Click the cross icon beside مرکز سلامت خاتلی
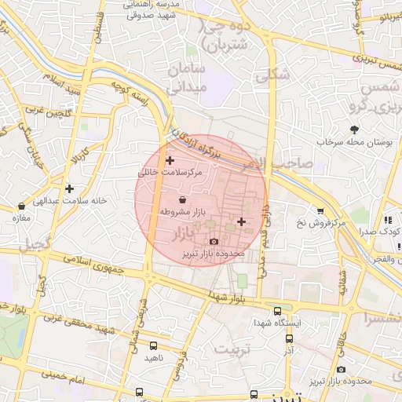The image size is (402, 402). click(x=170, y=160)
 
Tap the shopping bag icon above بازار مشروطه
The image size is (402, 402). click(x=183, y=200)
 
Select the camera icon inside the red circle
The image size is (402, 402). click(x=214, y=241)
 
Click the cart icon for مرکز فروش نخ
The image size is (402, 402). click(x=320, y=210)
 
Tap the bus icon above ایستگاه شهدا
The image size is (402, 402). click(x=278, y=311)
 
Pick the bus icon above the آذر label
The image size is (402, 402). click(x=289, y=338)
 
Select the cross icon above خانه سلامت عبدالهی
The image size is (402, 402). click(x=71, y=188)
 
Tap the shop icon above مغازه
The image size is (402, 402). click(x=21, y=206)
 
